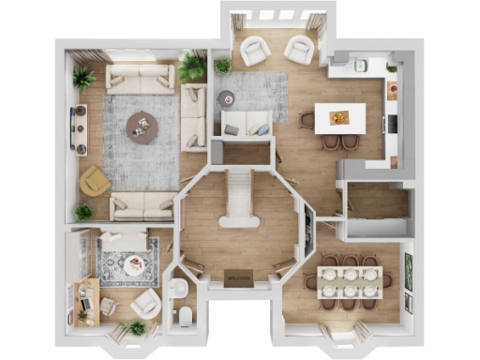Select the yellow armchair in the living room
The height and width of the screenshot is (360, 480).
[x=95, y=180]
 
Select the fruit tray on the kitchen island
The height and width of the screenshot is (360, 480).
[x=340, y=117]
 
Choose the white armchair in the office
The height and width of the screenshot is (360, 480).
[x=145, y=303]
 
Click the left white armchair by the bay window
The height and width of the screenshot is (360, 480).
[x=255, y=52]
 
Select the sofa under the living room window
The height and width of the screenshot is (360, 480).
[x=140, y=78]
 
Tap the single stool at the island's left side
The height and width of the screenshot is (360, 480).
[x=307, y=119]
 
